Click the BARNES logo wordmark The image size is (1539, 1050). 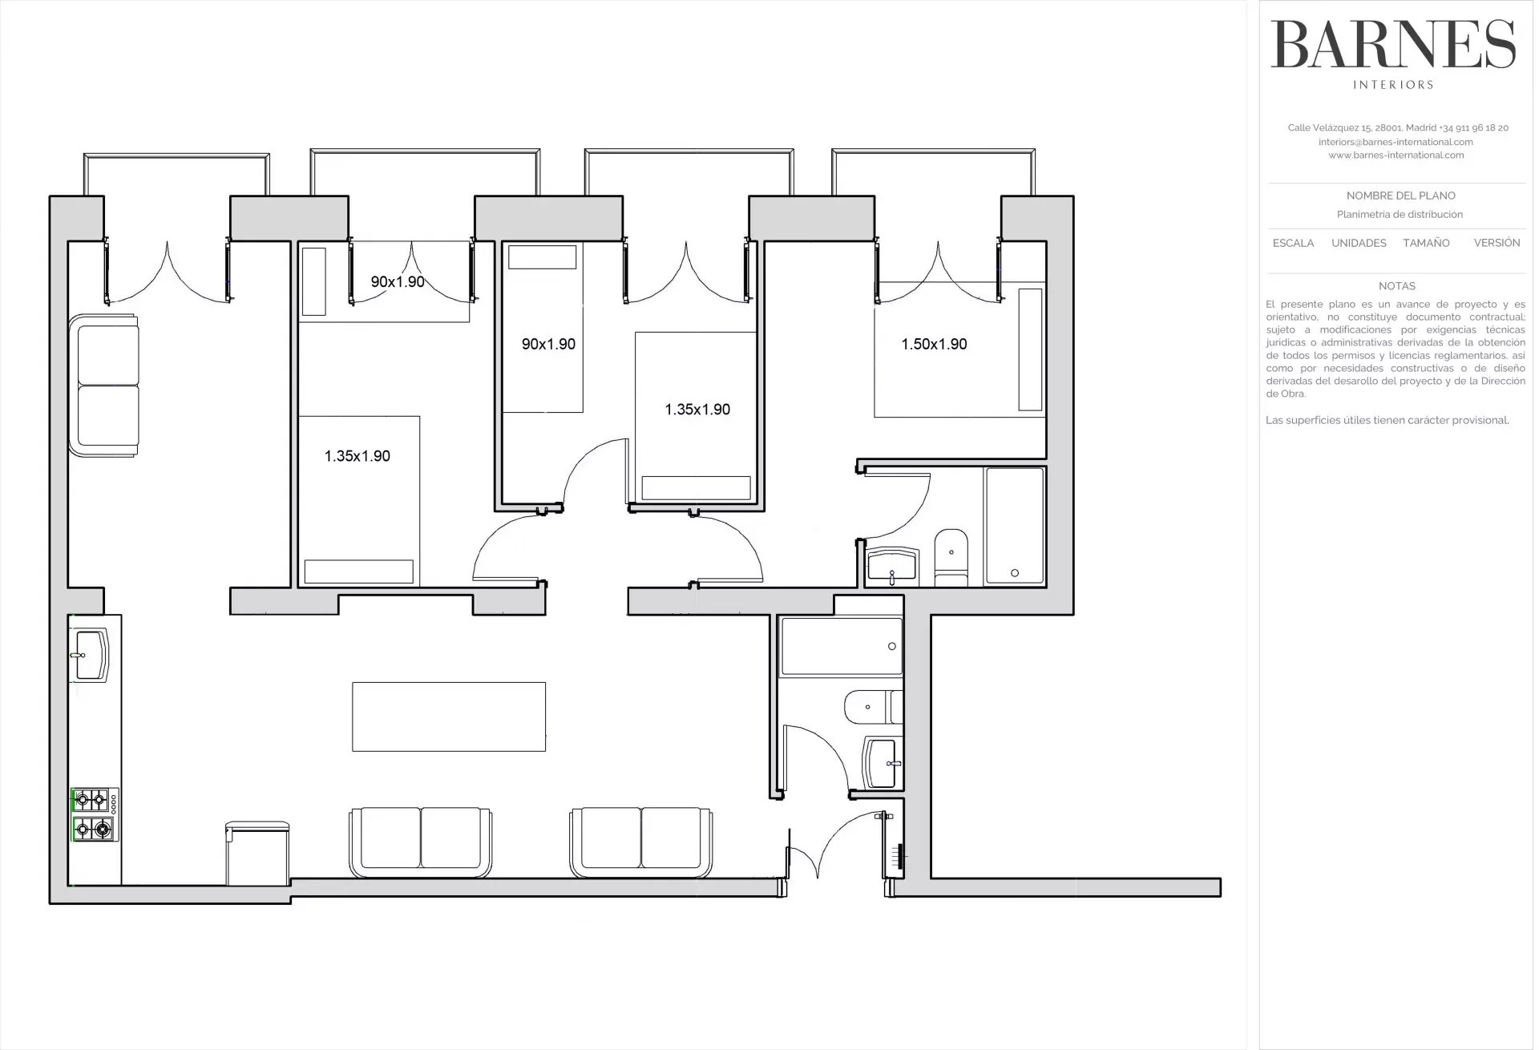tap(1392, 45)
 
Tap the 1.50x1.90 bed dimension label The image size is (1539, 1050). tap(934, 344)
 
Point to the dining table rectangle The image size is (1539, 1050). tap(449, 717)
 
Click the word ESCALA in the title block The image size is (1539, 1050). tap(1293, 243)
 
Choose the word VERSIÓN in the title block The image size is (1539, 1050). tap(1497, 242)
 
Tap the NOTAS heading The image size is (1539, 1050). tap(1397, 286)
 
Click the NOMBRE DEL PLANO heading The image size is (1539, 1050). tap(1400, 196)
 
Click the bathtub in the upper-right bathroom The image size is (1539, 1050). tap(1015, 526)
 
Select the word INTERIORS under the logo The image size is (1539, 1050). tap(1393, 85)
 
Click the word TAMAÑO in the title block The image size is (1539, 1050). tap(1426, 243)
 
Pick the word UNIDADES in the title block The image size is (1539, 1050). tap(1359, 243)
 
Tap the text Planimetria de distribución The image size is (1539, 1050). tap(1400, 215)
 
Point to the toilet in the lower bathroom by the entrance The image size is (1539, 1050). tap(874, 706)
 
